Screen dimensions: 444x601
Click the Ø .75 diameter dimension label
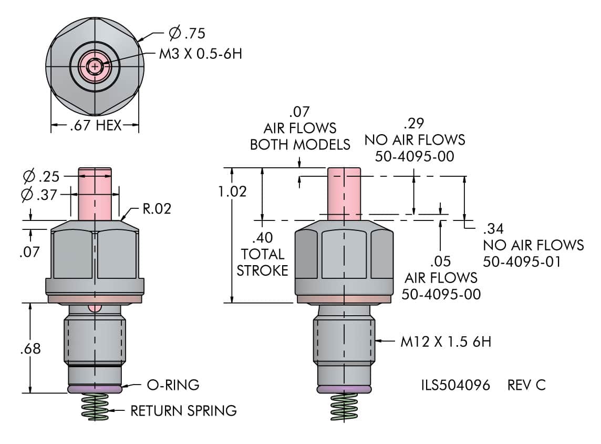click(187, 34)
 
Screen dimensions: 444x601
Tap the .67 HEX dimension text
click(95, 126)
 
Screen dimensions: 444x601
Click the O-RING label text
click(173, 385)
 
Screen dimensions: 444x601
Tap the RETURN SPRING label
click(183, 410)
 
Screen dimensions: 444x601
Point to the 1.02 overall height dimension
click(232, 191)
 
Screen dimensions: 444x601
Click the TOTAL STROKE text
click(263, 262)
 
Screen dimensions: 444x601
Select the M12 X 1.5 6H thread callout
click(445, 342)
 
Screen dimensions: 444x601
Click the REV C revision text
click(526, 385)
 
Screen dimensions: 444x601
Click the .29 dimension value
click(414, 124)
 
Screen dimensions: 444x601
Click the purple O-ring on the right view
click(345, 389)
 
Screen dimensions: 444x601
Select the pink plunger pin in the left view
click(95, 193)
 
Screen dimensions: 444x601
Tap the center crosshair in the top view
click(95, 66)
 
